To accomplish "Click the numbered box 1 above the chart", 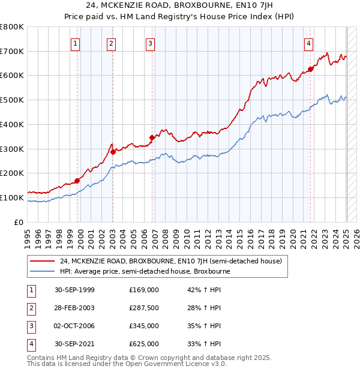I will coord(76,43).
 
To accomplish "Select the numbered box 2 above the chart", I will coord(112,43).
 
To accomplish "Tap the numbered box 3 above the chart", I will coord(150,43).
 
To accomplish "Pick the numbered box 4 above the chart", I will coord(308,43).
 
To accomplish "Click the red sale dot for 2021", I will coord(311,69).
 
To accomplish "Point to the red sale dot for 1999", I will coord(77,181).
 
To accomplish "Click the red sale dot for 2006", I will coord(152,137).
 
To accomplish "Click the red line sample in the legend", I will coord(43,261).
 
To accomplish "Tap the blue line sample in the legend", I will coord(43,271).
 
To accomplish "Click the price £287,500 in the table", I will coord(144,308).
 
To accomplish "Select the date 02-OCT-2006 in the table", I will coord(74,326).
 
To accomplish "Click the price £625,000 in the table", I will coord(144,344).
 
